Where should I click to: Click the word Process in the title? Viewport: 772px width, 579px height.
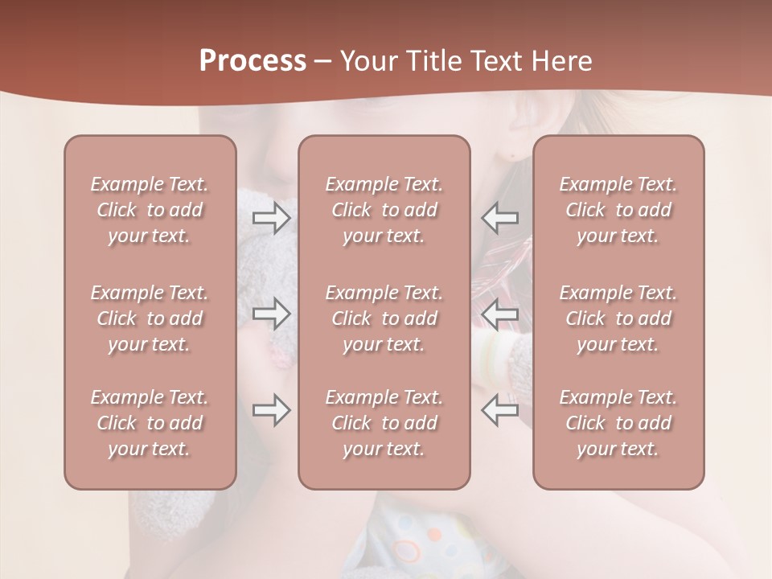[x=253, y=61]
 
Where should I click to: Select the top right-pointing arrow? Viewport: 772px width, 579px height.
[x=271, y=217]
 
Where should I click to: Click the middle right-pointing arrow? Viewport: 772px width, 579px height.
[x=271, y=314]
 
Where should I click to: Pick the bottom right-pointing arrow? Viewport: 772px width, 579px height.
[x=271, y=410]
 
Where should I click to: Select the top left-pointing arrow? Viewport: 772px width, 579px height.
[x=500, y=217]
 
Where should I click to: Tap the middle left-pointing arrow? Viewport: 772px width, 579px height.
[x=500, y=314]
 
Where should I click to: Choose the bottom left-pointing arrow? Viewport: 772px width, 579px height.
[x=500, y=410]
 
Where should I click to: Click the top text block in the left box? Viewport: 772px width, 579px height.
[x=150, y=210]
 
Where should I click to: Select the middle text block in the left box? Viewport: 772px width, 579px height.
[x=150, y=318]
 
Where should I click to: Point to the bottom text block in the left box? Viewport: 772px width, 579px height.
[x=150, y=423]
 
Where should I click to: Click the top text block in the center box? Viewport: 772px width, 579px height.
[x=384, y=210]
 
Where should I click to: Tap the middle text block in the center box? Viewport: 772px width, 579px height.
[x=384, y=318]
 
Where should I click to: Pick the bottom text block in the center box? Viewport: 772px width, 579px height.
[x=384, y=423]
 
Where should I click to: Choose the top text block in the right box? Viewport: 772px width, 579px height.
[x=618, y=210]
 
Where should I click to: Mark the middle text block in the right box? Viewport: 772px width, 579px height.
[x=618, y=318]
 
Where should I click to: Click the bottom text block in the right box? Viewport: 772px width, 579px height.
[x=618, y=423]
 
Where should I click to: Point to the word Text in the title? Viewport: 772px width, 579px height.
[x=495, y=61]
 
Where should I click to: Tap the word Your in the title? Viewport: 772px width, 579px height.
[x=368, y=61]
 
